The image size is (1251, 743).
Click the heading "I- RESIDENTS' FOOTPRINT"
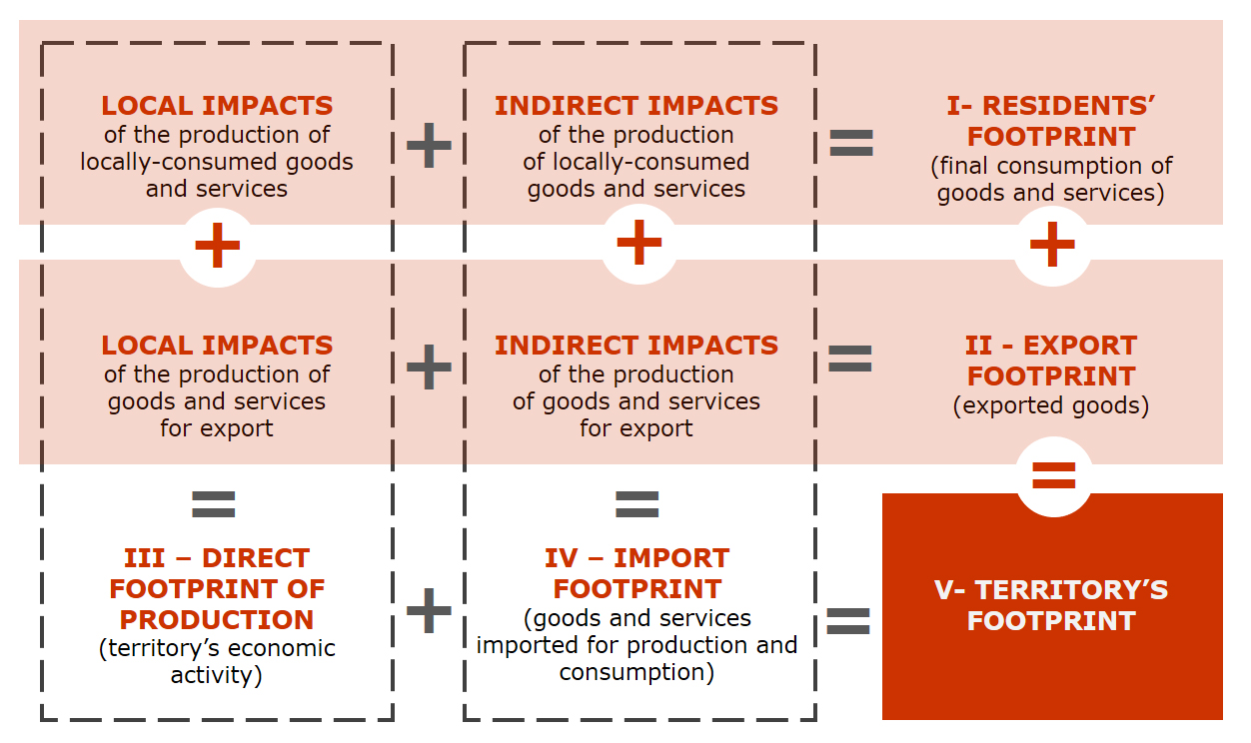tap(1051, 121)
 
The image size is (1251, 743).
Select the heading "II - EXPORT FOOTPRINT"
tap(1051, 361)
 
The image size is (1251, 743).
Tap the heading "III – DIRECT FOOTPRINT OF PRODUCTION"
tap(217, 589)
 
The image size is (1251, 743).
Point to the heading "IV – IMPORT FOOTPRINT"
tap(637, 573)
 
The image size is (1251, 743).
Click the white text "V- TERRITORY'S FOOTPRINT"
tap(1051, 605)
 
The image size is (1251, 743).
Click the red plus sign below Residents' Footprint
tap(1053, 244)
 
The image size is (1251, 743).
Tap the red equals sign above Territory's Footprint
tap(1054, 475)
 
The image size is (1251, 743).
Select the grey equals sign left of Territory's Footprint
tap(848, 621)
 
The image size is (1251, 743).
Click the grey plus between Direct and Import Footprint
tap(429, 610)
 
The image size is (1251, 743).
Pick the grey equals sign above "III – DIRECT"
tap(214, 504)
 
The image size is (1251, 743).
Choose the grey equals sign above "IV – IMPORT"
tap(637, 504)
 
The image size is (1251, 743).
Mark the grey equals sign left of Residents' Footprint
tap(851, 143)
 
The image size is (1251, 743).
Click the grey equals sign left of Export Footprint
tap(850, 359)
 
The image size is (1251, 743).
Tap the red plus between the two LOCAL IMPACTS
tap(218, 245)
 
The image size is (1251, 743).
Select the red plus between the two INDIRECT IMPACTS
tap(639, 242)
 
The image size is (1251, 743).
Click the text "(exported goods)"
tap(1051, 405)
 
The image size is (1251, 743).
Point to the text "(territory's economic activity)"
tap(217, 661)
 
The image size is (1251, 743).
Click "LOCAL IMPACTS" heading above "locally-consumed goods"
tap(217, 106)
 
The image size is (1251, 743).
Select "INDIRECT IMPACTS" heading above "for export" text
tap(636, 345)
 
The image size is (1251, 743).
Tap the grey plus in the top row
tap(429, 145)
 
